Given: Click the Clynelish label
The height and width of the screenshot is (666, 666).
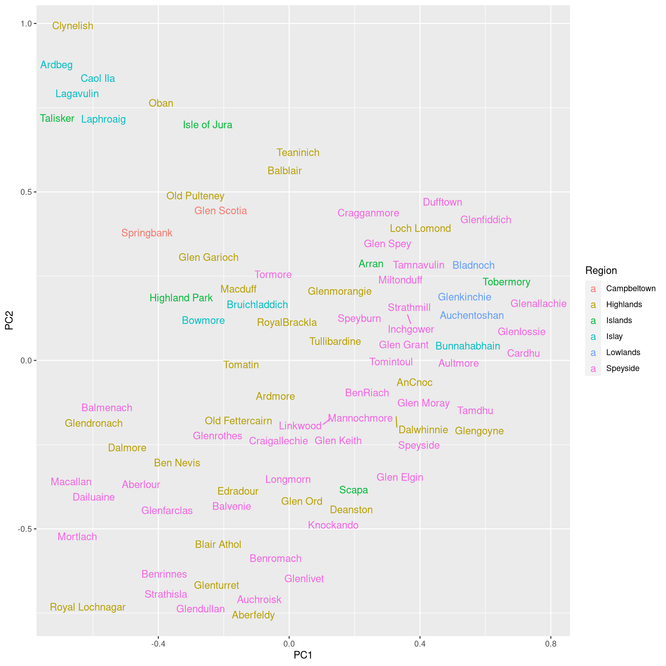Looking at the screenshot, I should coord(72,26).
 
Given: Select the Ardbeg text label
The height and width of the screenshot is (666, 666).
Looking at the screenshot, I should coord(56,65).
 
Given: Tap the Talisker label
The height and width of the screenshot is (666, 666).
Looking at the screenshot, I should coord(57,119).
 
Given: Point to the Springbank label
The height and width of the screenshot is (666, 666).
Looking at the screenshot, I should coord(147,233).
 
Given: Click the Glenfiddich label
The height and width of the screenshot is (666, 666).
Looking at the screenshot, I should coord(486,220).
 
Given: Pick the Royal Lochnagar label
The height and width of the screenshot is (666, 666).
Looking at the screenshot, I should coord(88,607).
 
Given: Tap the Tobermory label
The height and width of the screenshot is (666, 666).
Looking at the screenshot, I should coord(506,282).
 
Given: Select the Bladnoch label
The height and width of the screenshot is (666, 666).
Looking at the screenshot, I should coord(473,265).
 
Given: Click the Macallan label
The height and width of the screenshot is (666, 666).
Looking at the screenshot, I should coord(71,482).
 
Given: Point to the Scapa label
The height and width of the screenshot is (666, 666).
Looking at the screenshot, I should coord(353,490).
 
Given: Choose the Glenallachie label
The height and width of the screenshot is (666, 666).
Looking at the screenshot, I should coord(538,304).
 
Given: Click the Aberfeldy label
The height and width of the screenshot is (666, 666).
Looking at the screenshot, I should coord(253,615).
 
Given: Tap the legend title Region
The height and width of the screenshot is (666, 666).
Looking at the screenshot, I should coord(601,271).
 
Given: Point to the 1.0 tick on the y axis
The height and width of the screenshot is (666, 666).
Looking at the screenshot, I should coord(26,24).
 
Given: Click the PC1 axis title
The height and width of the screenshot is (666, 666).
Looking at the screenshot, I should coord(303,655).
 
